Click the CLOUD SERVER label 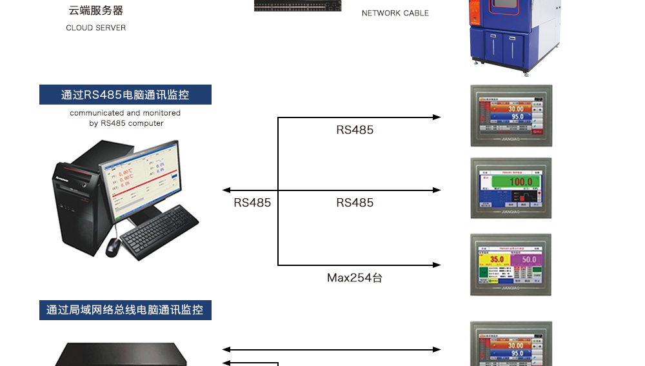click(95, 28)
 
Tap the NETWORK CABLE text click(395, 13)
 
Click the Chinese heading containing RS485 click(125, 95)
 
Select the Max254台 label click(355, 278)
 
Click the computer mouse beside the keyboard click(113, 245)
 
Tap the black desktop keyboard click(160, 232)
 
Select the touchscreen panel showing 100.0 click(511, 188)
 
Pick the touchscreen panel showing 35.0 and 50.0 click(511, 265)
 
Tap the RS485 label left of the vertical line click(252, 203)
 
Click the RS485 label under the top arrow click(355, 130)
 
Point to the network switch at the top click(298, 5)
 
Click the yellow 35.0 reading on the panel click(497, 259)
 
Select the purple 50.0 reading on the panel click(529, 259)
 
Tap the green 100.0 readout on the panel click(521, 182)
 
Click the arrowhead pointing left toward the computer click(226, 190)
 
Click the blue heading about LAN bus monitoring click(125, 310)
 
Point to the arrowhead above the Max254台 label click(437, 265)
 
